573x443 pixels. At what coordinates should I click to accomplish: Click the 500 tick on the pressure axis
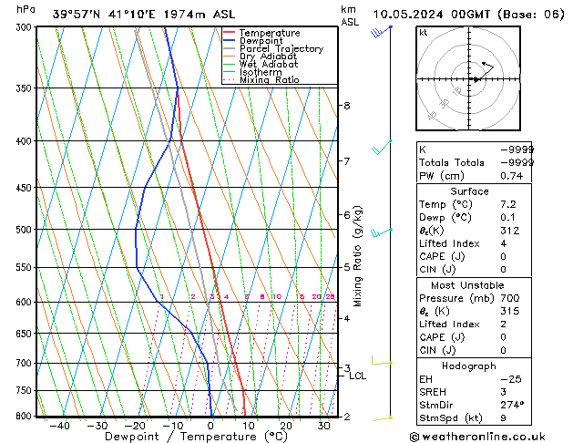tap(24, 229)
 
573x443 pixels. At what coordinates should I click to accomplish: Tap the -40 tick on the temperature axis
tap(60, 425)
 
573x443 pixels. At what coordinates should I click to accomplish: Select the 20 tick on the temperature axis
tap(286, 425)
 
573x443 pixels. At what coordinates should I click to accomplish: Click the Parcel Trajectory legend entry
tap(281, 48)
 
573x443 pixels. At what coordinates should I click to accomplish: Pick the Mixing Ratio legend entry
tap(269, 80)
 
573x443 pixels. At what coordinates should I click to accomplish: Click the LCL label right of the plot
tap(357, 376)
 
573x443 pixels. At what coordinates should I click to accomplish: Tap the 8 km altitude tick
tap(346, 106)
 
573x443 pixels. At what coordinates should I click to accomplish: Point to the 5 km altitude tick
tap(346, 267)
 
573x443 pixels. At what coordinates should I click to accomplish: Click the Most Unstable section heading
tap(476, 285)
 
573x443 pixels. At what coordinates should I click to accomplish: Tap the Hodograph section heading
tap(476, 366)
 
